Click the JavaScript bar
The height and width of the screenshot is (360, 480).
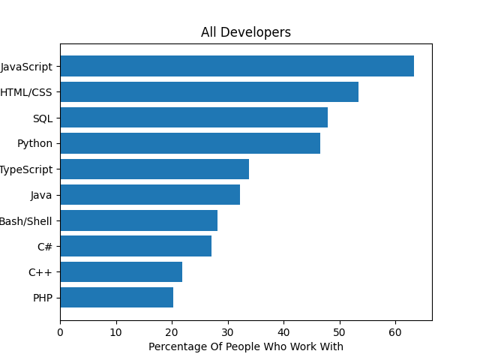pos(237,66)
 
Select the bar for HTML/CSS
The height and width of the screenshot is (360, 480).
pos(209,92)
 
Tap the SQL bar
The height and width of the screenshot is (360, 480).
pos(193,118)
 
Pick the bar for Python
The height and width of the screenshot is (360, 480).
pos(190,143)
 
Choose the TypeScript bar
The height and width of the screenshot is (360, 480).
pos(154,169)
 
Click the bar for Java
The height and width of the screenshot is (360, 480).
pos(150,195)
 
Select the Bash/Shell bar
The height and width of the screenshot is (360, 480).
pos(139,220)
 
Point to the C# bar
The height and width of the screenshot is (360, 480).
pos(136,246)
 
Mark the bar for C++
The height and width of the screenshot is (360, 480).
pos(121,271)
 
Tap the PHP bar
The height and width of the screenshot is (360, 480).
pos(116,298)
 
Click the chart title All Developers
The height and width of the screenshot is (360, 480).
pos(246,33)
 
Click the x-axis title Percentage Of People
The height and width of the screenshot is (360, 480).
pos(246,346)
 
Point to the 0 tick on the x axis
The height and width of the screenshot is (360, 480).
pos(60,331)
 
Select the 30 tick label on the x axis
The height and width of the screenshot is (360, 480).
pos(228,331)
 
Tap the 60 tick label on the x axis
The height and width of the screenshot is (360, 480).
pos(395,331)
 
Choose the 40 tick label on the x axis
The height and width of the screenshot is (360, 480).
pos(283,331)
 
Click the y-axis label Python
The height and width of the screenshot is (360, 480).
pos(35,143)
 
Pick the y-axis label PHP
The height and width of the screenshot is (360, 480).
pos(43,298)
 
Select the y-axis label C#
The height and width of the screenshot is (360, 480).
pos(45,246)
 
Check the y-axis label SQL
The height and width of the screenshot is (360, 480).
pos(43,118)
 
